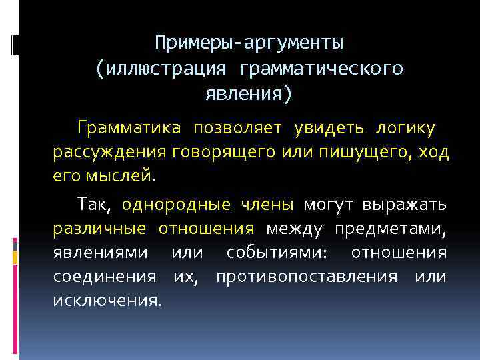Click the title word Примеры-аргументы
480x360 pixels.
click(x=249, y=44)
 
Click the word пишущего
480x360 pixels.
click(x=351, y=153)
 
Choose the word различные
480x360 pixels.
click(x=99, y=229)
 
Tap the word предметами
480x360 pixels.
click(x=391, y=229)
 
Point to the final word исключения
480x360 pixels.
click(x=107, y=301)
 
